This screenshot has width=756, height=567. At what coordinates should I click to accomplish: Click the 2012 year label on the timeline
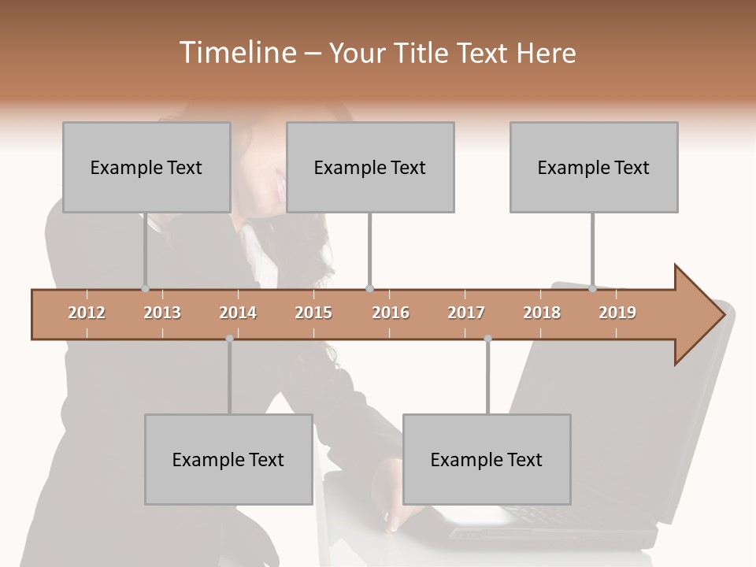pos(87,313)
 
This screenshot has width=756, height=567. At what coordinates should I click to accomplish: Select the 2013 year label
pos(162,313)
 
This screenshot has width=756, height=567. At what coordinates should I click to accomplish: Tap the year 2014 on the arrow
pos(238,313)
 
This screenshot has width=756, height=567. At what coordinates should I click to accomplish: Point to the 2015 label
pos(313,313)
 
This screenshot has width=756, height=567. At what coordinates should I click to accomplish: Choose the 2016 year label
pos(391,313)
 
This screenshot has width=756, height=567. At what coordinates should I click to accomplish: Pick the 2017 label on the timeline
pos(466,313)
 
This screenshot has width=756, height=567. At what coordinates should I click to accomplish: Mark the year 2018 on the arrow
pos(542,313)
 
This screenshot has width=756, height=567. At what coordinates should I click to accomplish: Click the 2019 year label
pos(617,313)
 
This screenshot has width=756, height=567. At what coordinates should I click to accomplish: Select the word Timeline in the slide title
pos(235,53)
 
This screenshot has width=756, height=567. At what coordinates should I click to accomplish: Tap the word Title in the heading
pos(424,53)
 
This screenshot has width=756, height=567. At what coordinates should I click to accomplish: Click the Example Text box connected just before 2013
pos(146,167)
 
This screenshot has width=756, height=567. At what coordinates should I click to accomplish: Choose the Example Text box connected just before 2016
pos(370,167)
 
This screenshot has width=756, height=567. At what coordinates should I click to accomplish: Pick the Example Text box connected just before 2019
pos(594,167)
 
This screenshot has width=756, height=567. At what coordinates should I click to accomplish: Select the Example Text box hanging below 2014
pos(228,459)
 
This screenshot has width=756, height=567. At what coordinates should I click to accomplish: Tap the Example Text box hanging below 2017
pos(487,459)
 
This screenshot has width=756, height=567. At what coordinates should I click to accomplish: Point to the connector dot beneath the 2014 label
pos(229,339)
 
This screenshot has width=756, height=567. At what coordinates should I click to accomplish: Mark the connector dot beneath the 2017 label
pos(487,339)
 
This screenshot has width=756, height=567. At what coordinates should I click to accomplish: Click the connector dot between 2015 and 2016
pos(369,289)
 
